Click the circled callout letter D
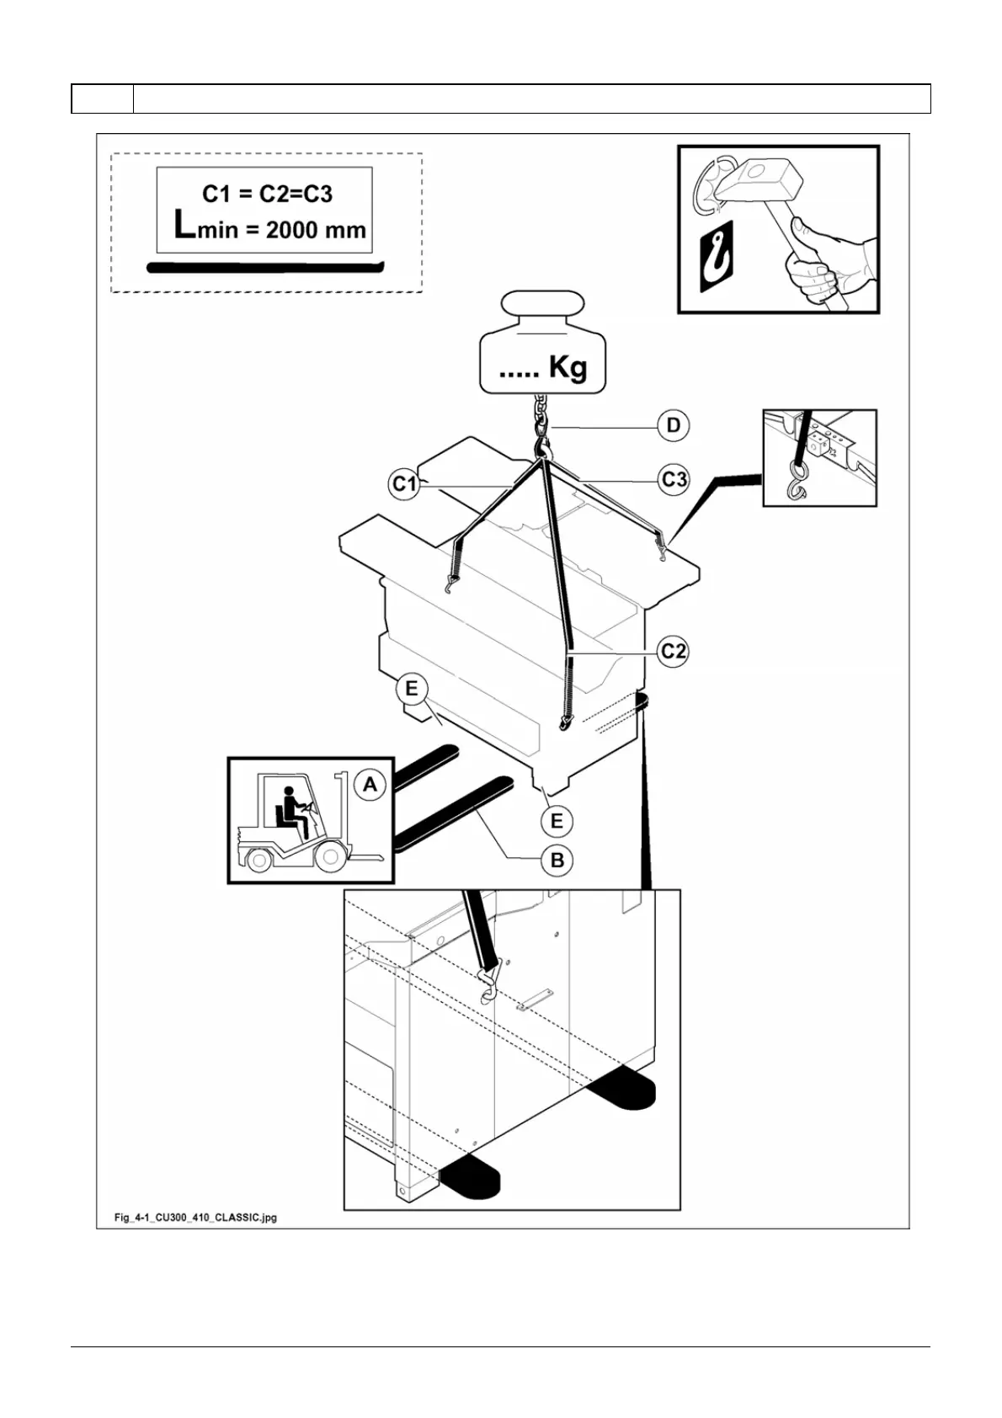[x=673, y=426]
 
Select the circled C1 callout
[x=405, y=484]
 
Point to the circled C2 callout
[x=673, y=651]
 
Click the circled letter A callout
[x=370, y=786]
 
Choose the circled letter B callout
[x=557, y=861]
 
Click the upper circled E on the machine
[x=411, y=690]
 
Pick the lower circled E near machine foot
[x=556, y=821]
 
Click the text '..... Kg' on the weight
[x=542, y=368]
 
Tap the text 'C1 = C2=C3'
[x=267, y=194]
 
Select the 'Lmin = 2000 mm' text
[x=269, y=227]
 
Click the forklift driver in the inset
[x=292, y=811]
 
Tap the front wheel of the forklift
[x=330, y=858]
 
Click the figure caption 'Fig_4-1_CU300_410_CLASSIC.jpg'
[x=195, y=1218]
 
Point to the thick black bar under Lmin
[x=265, y=268]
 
